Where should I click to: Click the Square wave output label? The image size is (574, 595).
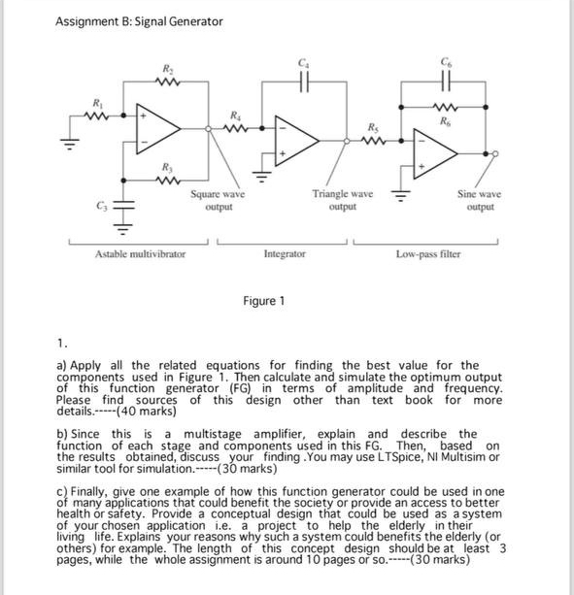[x=217, y=201]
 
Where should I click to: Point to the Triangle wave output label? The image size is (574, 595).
[x=342, y=201]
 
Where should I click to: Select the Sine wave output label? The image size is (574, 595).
[x=480, y=201]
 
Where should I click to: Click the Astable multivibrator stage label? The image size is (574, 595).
[x=140, y=253]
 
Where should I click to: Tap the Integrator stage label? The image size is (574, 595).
[x=285, y=253]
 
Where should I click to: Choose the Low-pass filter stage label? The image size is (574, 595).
[x=428, y=253]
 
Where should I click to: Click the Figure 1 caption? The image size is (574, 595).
[x=263, y=301]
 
